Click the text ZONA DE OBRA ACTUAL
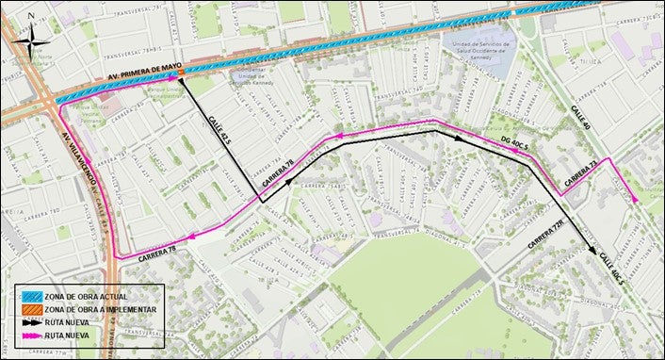pyautogui.click(x=92, y=296)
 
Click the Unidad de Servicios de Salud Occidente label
pyautogui.click(x=476, y=48)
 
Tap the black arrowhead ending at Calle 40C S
pyautogui.click(x=592, y=252)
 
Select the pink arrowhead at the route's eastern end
pyautogui.click(x=636, y=200)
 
